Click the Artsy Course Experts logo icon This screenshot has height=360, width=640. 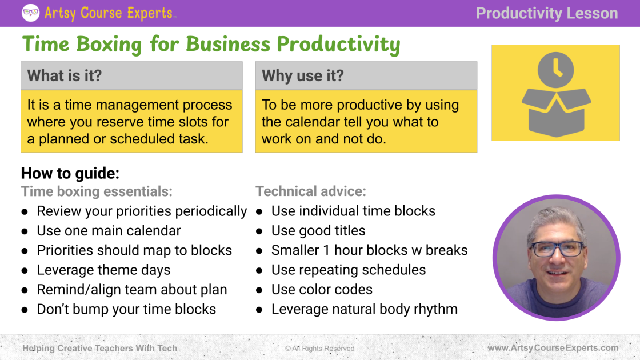(31, 13)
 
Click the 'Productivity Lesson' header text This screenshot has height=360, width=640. (547, 13)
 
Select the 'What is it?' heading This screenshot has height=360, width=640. (65, 75)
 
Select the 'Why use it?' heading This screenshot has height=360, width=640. (303, 75)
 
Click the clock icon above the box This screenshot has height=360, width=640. (555, 70)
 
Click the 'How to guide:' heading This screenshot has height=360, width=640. (70, 173)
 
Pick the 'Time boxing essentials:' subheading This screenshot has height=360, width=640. (97, 191)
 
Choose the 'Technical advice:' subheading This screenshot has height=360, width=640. (311, 191)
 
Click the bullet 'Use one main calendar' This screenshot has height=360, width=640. (109, 231)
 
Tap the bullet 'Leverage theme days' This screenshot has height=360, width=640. (103, 270)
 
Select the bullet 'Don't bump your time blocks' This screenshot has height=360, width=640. (126, 309)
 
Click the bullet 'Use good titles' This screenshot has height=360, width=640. (318, 231)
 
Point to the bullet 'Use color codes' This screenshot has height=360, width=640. (322, 289)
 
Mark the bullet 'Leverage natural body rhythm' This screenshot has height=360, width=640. (365, 309)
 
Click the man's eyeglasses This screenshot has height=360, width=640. (558, 249)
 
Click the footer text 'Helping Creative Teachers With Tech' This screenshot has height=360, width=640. (100, 348)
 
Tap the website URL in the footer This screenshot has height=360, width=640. (553, 348)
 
